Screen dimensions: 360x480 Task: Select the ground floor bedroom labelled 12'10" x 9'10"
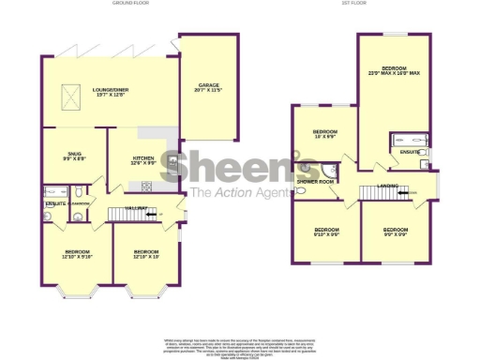click(77, 254)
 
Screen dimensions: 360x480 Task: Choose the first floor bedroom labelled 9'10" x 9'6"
click(326, 232)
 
